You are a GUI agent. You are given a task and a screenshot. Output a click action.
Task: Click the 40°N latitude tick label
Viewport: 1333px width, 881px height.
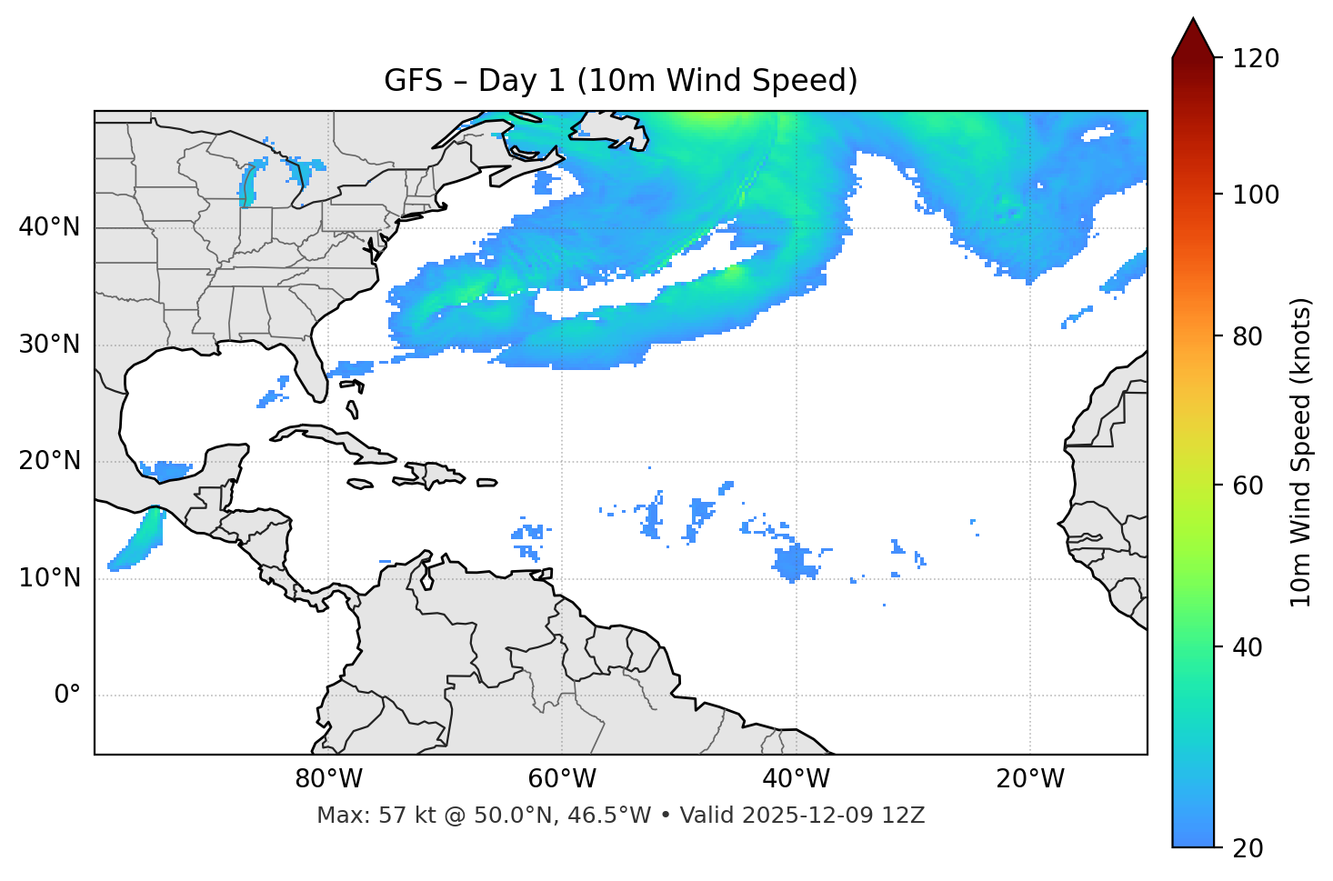49,227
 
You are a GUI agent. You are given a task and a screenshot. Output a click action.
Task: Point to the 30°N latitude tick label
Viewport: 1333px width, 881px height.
49,345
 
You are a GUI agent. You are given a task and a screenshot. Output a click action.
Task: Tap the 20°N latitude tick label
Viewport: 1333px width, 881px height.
49,461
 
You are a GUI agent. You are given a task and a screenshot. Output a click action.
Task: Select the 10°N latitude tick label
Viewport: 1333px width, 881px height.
49,578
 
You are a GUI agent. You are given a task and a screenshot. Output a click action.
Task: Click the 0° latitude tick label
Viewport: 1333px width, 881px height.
67,696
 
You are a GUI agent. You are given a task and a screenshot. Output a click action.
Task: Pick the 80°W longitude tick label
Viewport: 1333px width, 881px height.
328,779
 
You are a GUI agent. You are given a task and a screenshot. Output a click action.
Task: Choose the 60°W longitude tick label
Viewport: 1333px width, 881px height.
562,779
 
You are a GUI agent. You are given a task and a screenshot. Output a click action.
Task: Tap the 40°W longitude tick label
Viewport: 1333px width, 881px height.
796,779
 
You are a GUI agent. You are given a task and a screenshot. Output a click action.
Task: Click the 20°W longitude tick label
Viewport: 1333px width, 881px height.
1030,779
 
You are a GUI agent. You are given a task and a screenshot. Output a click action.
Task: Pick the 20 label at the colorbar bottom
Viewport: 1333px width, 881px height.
1248,848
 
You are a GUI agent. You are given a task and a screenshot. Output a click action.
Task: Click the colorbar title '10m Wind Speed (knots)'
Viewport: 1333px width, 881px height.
1301,452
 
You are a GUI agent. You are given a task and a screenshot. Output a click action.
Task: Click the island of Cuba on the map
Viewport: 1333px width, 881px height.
336,440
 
